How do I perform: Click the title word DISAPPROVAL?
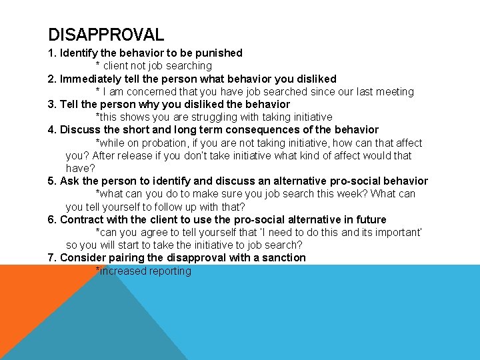click(106, 34)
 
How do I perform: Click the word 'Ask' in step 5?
click(69, 181)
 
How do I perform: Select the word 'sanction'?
click(284, 258)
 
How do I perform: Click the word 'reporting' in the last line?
click(170, 271)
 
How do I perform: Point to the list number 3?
click(52, 105)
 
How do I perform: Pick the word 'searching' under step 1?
click(189, 66)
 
